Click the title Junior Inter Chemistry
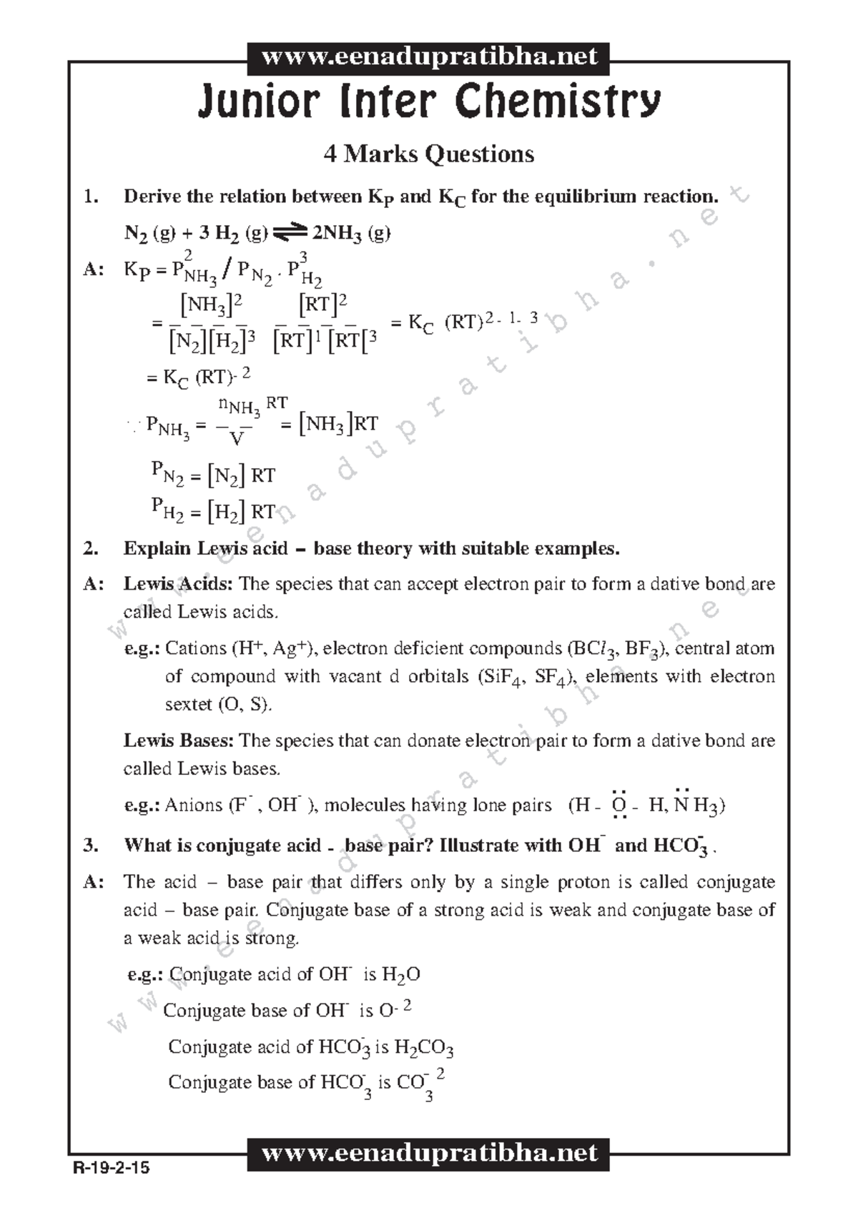[x=429, y=102]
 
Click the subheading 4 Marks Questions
[x=429, y=154]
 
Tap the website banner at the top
[x=429, y=57]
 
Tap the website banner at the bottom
[x=429, y=1153]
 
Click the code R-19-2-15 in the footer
[x=111, y=1169]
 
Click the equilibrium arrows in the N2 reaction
[x=289, y=232]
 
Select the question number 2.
[x=90, y=548]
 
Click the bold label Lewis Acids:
[x=178, y=584]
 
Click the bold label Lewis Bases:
[x=178, y=741]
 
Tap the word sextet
[x=189, y=705]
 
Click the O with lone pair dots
[x=619, y=806]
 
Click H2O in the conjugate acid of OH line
[x=400, y=975]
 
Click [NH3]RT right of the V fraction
[x=338, y=424]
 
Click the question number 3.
[x=90, y=846]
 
